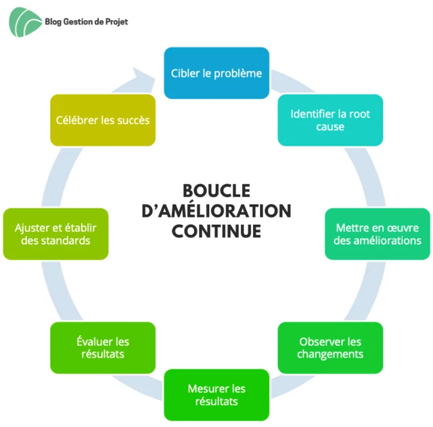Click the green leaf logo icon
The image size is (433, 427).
(x=25, y=22)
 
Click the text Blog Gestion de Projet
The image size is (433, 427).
(x=86, y=22)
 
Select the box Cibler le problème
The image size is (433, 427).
(x=216, y=73)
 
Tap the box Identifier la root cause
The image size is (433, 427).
(x=330, y=120)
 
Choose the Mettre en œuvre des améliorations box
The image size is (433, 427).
(x=378, y=234)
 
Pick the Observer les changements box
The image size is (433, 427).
(x=330, y=348)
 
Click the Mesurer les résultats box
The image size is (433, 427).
(x=216, y=395)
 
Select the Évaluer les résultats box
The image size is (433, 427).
(x=103, y=348)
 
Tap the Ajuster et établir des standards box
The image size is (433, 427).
(x=55, y=234)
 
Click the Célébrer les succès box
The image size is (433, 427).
(x=103, y=120)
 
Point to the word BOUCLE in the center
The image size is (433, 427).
(x=216, y=190)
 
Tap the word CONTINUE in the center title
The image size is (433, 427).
(x=216, y=231)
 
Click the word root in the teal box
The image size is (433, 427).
(x=360, y=114)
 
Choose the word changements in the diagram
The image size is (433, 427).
(x=330, y=354)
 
